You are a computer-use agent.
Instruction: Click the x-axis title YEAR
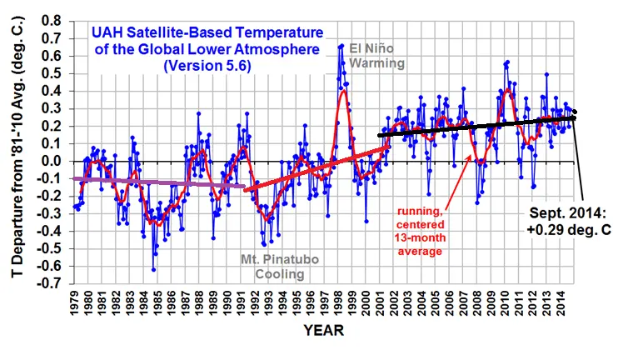pyautogui.click(x=322, y=331)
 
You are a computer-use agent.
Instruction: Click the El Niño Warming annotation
pyautogui.click(x=376, y=54)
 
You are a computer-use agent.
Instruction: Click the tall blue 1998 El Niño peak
pyautogui.click(x=341, y=47)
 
